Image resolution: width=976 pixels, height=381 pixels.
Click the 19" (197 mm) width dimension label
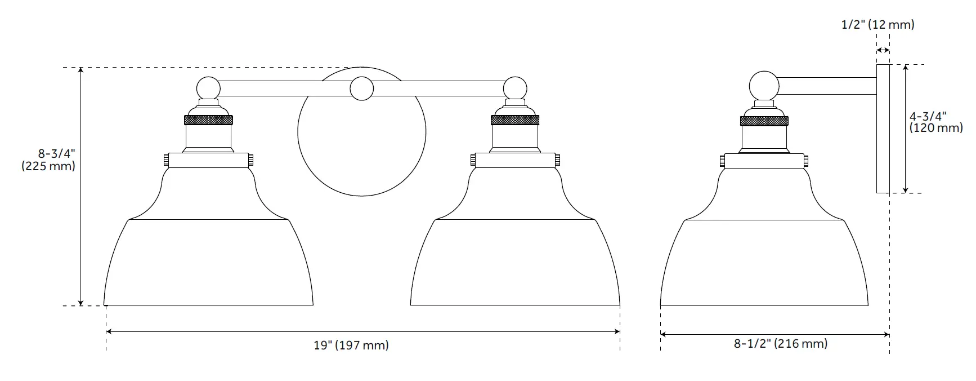[351, 345]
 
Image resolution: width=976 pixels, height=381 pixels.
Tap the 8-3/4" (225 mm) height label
[49, 160]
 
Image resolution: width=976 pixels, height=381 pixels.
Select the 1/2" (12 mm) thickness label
[877, 24]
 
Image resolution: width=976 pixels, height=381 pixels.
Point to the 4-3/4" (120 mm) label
[935, 122]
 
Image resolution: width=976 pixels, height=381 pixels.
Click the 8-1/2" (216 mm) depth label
[780, 343]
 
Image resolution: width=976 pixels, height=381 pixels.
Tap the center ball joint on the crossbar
[361, 89]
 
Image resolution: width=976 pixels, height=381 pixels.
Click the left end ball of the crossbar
[208, 88]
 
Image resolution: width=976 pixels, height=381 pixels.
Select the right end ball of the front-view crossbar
[515, 88]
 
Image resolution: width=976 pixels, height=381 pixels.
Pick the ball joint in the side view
[764, 86]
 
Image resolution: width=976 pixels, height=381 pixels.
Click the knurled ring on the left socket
[208, 119]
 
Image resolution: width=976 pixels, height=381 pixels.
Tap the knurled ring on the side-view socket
[764, 120]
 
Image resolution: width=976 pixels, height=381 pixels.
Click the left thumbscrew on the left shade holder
[166, 160]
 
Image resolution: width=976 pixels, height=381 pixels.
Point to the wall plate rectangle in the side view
[883, 129]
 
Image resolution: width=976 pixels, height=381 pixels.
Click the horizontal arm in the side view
[827, 86]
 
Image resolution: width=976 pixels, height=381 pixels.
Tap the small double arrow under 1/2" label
[883, 51]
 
